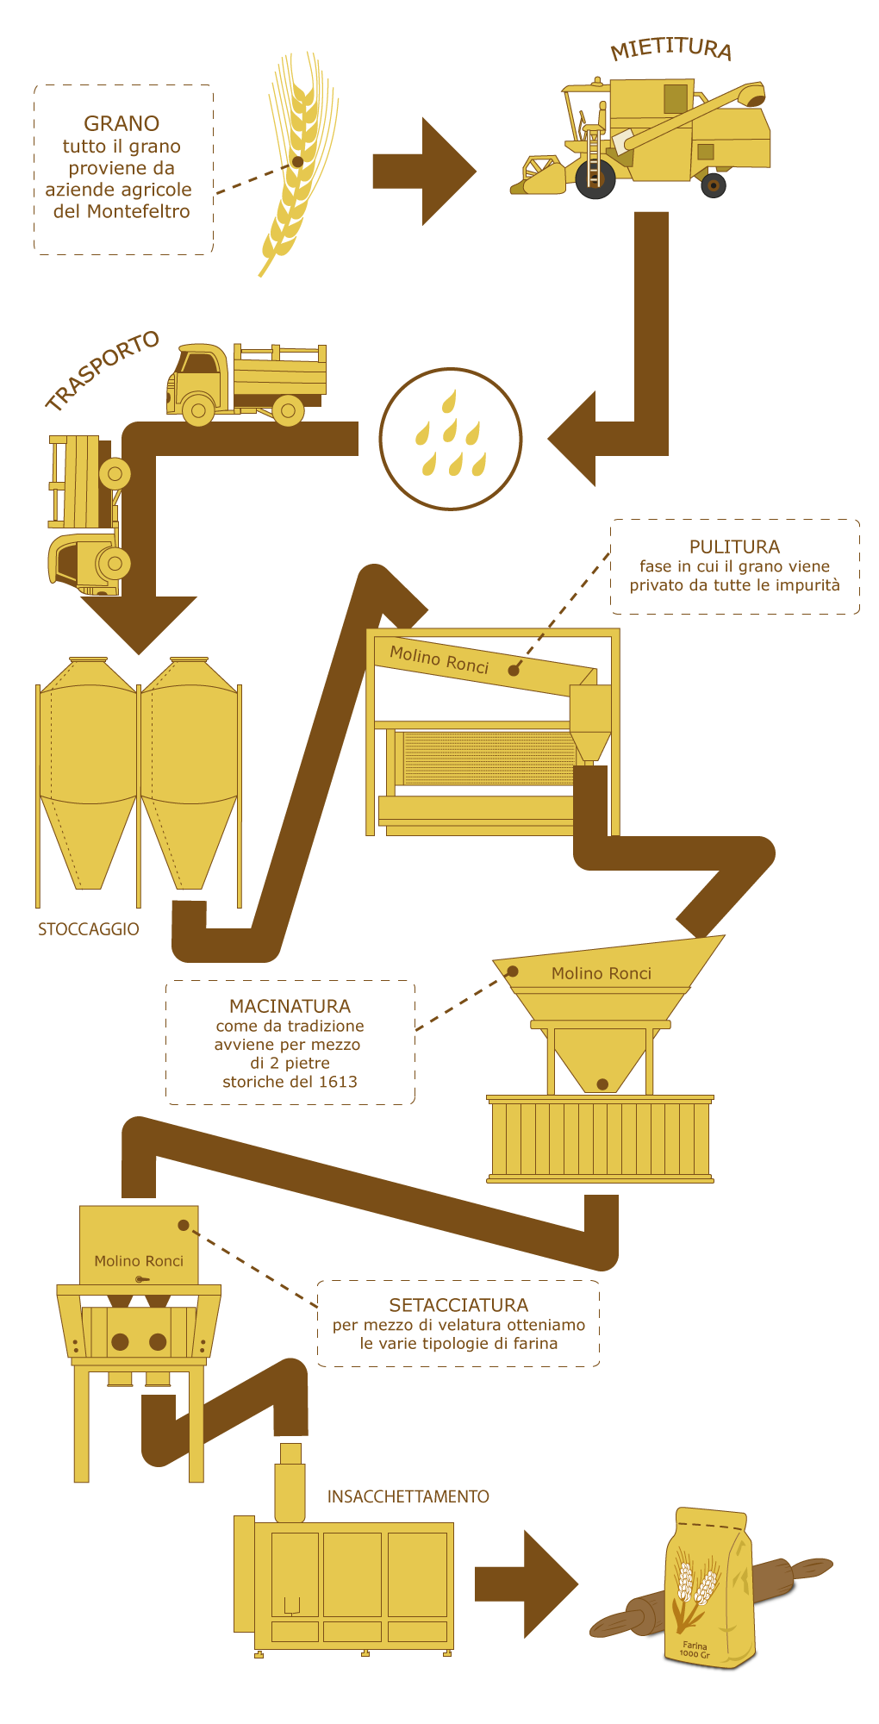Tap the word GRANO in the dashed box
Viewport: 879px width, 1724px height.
[x=122, y=123]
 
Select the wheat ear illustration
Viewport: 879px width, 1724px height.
[x=297, y=164]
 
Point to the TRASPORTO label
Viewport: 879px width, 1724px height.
[x=103, y=370]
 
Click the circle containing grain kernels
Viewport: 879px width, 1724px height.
[x=451, y=439]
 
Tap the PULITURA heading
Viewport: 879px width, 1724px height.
[x=734, y=547]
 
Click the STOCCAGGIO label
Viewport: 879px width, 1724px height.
[x=88, y=929]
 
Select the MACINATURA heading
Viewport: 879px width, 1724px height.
[x=290, y=1006]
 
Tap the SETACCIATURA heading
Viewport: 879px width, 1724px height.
[x=458, y=1305]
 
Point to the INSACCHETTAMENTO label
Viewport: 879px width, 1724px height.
[x=408, y=1496]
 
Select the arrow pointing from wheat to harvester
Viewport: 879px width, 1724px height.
[x=424, y=172]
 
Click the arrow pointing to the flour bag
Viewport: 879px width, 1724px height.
[x=526, y=1584]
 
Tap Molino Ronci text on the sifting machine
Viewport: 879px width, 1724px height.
[x=139, y=1261]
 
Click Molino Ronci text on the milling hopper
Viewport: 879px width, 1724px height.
[x=602, y=973]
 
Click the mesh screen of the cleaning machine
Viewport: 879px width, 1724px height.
[x=488, y=759]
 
